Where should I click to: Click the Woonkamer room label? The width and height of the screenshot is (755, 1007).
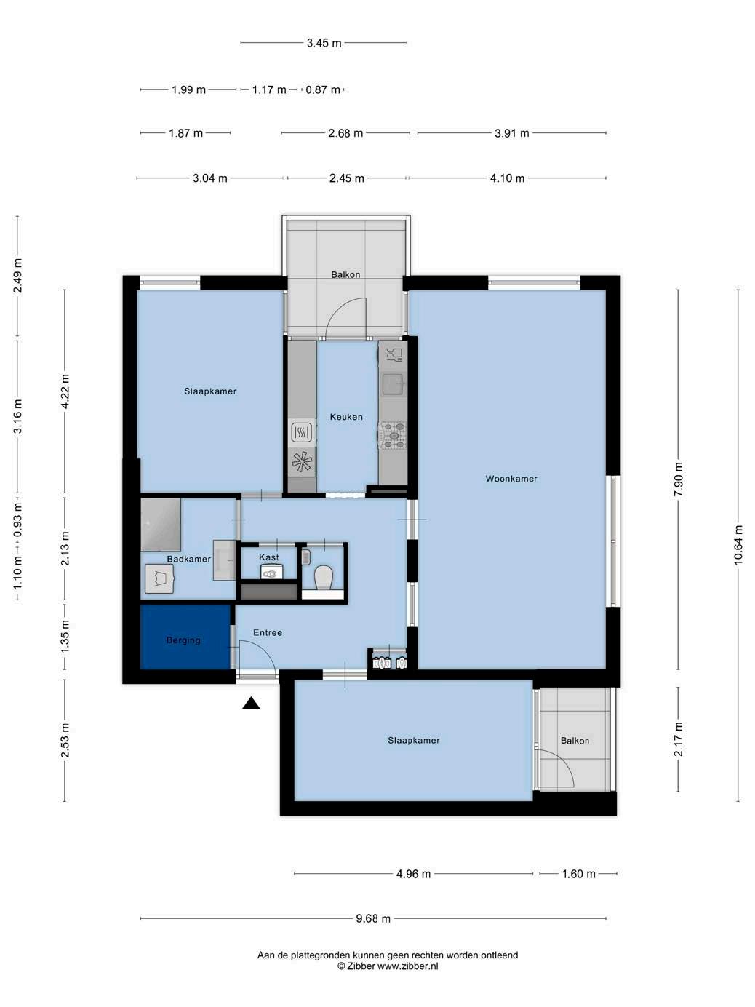(511, 479)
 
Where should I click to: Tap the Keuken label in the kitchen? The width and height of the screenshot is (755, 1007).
(346, 417)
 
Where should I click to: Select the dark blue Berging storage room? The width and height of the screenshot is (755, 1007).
(185, 637)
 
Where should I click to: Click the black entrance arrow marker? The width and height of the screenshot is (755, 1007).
(251, 704)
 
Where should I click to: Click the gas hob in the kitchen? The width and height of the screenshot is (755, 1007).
(394, 436)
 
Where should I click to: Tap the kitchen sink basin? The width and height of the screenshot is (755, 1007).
(393, 384)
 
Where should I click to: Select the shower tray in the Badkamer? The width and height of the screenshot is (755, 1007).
(161, 525)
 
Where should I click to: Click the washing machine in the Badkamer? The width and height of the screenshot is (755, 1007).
(159, 578)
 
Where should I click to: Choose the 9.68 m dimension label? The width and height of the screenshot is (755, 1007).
(373, 918)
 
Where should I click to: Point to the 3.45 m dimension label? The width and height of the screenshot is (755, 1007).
(324, 43)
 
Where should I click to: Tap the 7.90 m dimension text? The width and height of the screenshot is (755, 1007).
(679, 479)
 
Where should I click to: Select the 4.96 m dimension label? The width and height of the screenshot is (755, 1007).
(413, 874)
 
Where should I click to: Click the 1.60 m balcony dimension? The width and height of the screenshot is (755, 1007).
(578, 874)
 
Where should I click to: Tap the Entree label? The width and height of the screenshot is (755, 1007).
(268, 632)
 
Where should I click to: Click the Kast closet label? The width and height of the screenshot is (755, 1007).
(268, 557)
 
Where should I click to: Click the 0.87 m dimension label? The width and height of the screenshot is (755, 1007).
(323, 90)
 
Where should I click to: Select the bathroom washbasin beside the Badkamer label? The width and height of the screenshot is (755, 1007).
(225, 560)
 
